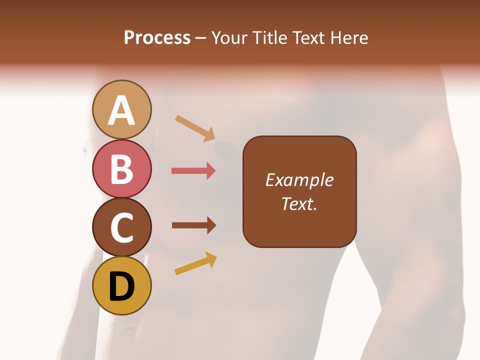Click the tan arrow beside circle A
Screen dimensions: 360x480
coord(195,128)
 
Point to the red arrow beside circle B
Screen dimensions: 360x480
coord(193,171)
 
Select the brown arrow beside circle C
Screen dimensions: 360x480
coord(193,225)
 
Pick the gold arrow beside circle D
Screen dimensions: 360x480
coord(195,263)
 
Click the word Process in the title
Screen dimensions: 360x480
coord(157,37)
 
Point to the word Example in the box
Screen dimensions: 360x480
coord(299,180)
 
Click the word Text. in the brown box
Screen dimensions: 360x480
coord(299,203)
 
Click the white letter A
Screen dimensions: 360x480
coord(122,111)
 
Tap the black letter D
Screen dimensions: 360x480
coord(122,287)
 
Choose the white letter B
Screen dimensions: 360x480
coord(122,169)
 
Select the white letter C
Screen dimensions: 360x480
coord(122,228)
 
